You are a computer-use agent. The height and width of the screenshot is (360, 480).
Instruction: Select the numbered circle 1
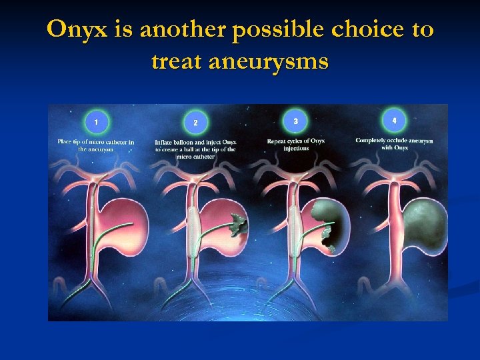point(97,121)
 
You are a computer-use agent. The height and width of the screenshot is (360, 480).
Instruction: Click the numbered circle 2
point(195,123)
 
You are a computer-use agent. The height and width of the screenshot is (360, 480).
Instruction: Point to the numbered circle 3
point(295,121)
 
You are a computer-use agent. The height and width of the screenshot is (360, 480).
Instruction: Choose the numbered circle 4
point(395,120)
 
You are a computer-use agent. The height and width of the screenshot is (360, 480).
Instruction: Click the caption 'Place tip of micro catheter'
point(96,145)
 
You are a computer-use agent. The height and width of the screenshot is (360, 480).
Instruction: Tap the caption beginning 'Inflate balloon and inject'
point(195,149)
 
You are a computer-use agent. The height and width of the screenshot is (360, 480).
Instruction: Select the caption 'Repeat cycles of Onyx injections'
point(295,145)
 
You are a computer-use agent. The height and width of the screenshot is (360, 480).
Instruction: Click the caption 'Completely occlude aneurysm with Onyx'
point(394,144)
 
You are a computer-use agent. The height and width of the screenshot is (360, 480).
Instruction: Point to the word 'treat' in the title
point(177,61)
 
